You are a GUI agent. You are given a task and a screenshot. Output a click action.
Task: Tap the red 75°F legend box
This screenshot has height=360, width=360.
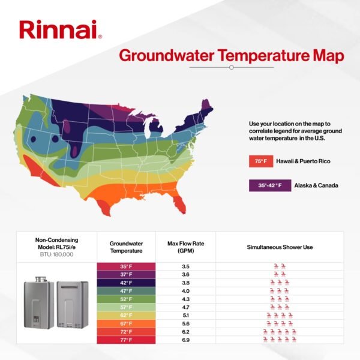click(260, 162)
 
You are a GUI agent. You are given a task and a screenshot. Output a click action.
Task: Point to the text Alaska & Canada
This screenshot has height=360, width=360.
click(316, 186)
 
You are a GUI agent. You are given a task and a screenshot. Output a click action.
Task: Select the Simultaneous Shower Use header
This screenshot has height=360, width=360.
click(280, 247)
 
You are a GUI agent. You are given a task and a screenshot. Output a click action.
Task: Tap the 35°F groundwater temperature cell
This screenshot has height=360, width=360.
click(126, 266)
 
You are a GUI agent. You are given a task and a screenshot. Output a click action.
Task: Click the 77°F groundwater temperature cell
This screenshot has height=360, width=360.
click(126, 340)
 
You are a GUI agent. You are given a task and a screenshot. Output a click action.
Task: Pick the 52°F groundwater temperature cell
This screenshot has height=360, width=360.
click(126, 299)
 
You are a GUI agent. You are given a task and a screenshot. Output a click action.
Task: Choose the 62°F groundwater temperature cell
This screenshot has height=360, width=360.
click(126, 315)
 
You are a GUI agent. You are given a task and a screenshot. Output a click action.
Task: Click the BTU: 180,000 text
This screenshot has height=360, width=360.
click(56, 255)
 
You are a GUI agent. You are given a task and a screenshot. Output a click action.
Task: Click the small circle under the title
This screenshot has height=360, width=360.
click(231, 68)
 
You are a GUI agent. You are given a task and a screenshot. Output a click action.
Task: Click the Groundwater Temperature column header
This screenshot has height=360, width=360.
click(126, 247)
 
